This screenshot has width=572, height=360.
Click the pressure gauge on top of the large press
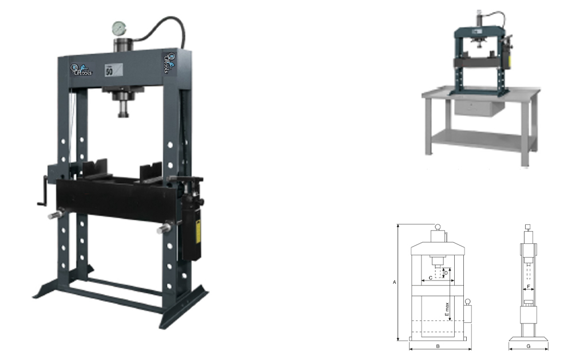(119, 28)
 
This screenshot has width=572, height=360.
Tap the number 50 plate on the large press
(108, 71)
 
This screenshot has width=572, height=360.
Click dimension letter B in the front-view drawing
(438, 347)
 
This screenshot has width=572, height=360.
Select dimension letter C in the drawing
(430, 278)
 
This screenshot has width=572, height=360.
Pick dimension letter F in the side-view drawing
(528, 286)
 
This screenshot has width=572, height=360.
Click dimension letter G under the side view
(528, 347)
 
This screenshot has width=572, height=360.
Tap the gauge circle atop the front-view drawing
(438, 227)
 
